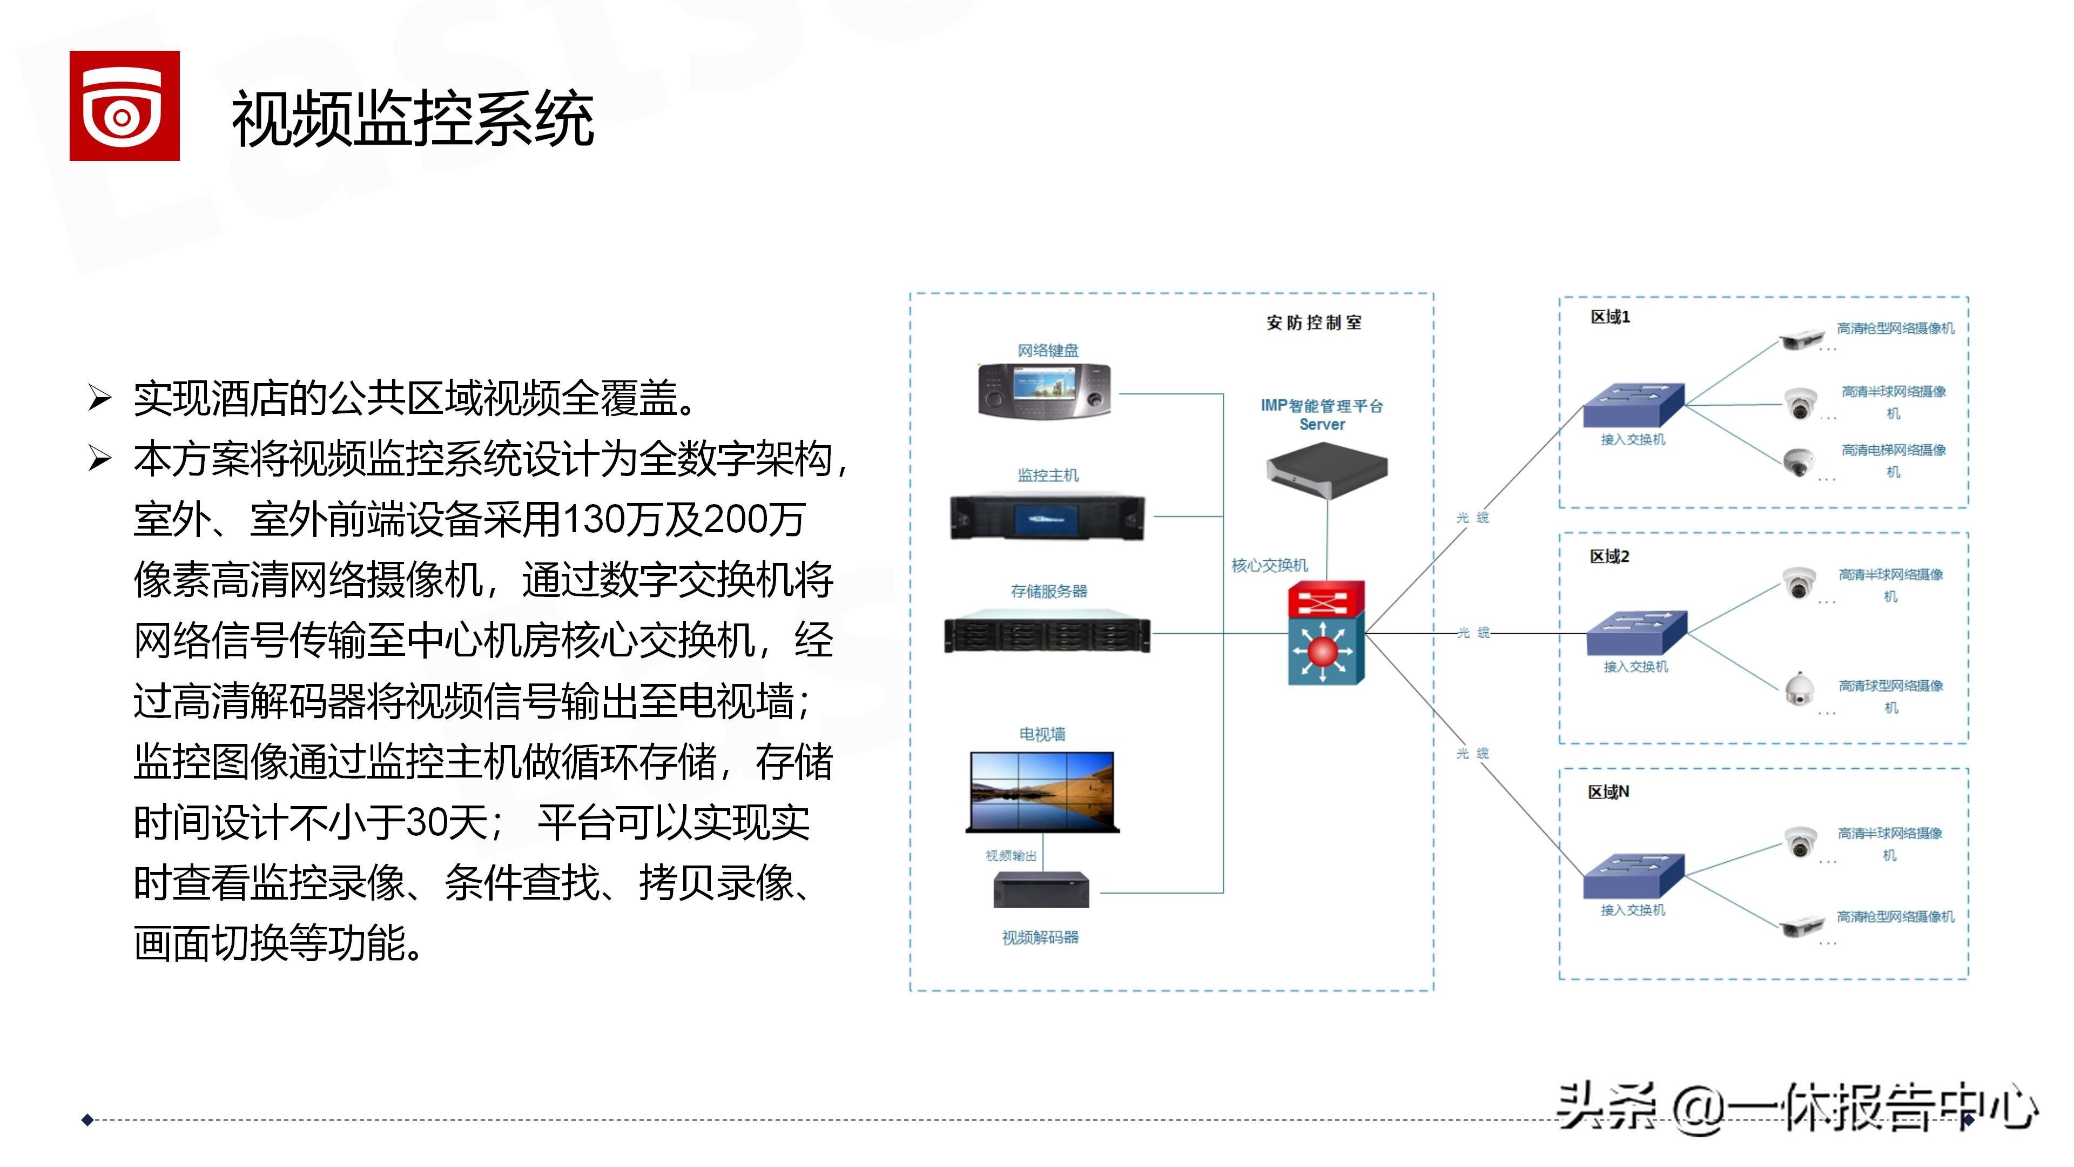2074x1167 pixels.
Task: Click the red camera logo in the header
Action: (x=124, y=105)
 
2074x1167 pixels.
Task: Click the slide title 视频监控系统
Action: (x=412, y=119)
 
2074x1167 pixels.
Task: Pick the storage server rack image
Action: (x=1047, y=635)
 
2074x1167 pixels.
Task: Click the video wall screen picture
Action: (x=1042, y=792)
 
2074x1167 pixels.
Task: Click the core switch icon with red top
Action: (x=1326, y=633)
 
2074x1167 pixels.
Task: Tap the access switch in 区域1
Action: (x=1633, y=406)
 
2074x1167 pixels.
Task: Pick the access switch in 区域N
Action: (x=1633, y=875)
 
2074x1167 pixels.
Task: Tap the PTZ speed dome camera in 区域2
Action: (x=1799, y=689)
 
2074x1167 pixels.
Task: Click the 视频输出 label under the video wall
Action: (x=1011, y=855)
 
